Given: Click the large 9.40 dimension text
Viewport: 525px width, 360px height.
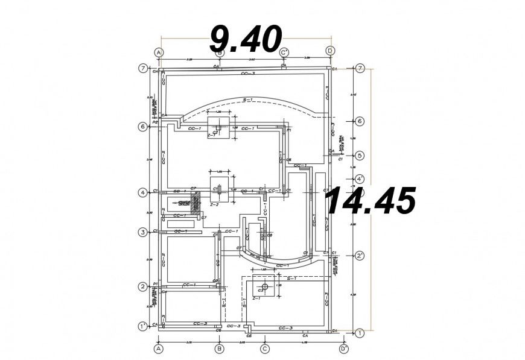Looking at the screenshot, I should click(245, 39).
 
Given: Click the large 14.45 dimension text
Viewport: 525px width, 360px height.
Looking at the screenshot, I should click(370, 201).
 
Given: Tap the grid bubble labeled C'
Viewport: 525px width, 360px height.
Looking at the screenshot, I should click(284, 52).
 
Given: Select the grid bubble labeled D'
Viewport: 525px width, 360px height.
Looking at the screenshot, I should click(343, 349).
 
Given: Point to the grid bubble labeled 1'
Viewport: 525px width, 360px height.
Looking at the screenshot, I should click(142, 326).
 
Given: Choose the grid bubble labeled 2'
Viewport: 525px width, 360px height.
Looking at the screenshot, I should click(360, 256).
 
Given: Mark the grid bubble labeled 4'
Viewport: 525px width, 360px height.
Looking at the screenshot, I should click(360, 179).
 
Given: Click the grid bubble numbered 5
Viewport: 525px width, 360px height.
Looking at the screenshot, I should click(360, 155).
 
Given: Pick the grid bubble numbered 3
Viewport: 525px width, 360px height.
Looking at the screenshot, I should click(143, 232).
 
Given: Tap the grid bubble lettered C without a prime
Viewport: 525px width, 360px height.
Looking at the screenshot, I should click(264, 349).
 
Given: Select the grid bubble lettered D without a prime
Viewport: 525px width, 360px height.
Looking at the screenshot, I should click(330, 52).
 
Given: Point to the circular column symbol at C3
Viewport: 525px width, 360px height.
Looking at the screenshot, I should click(264, 286).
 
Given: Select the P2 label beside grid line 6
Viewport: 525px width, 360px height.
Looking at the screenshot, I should click(155, 122).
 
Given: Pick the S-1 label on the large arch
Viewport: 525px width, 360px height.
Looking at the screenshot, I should click(247, 99).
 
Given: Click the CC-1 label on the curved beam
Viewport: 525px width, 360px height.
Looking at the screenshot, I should click(282, 266).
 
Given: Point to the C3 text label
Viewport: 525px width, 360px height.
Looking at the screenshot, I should click(260, 291).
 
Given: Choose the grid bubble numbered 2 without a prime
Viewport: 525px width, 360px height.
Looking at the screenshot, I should click(143, 286).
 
